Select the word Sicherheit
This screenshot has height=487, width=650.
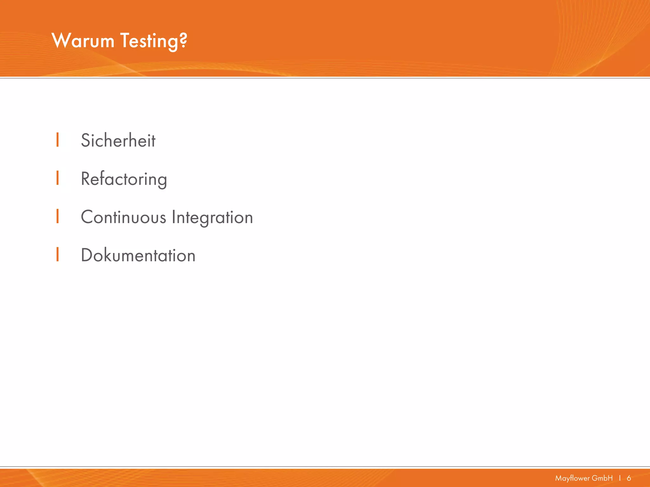pos(118,140)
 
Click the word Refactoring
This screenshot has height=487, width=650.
pos(124,179)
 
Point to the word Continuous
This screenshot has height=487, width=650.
pos(123,218)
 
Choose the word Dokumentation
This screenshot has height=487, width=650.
pos(138,256)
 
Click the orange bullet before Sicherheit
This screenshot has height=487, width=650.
pos(57,140)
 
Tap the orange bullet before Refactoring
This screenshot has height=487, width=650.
pos(57,178)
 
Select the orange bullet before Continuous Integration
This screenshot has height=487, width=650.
pos(57,216)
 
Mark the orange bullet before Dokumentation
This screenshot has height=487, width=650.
pos(57,254)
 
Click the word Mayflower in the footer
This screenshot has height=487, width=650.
pos(570,478)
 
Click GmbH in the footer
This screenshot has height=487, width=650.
pos(602,478)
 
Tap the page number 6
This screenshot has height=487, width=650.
pos(629,478)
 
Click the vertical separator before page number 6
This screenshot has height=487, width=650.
pos(620,478)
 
